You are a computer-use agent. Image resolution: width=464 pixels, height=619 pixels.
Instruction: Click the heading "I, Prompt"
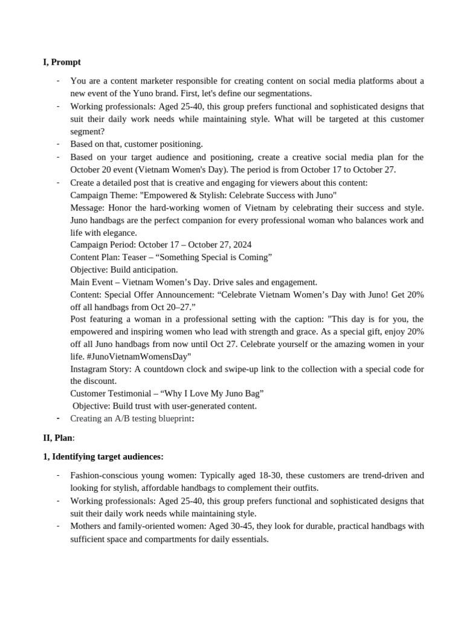point(62,62)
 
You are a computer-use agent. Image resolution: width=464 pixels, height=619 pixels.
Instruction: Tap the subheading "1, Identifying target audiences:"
point(103,456)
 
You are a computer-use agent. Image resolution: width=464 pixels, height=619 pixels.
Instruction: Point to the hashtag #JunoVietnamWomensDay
point(132,357)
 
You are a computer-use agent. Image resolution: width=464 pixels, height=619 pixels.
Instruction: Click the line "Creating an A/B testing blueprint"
point(130,418)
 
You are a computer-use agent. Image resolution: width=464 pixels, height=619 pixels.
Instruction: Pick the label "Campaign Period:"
point(103,245)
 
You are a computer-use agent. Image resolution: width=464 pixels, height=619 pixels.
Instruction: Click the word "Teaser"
point(137,258)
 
